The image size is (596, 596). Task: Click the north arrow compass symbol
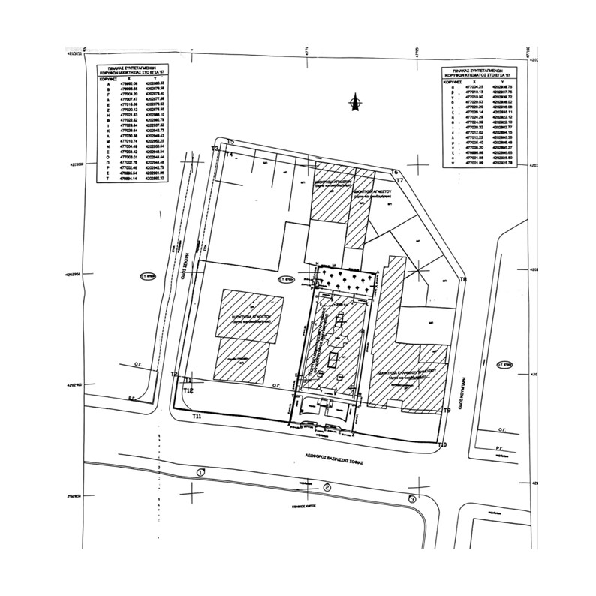tap(359, 104)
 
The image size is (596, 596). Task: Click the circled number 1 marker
tap(200, 472)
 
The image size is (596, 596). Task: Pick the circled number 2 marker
tap(327, 487)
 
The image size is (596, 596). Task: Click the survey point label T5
tap(231, 141)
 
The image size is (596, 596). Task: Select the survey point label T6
tap(394, 172)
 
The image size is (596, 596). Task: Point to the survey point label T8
tap(463, 279)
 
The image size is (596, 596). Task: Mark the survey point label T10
tap(442, 445)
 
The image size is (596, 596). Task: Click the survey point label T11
tap(197, 415)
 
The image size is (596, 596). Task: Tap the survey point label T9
tap(447, 410)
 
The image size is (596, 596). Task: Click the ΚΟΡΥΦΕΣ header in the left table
tap(98, 78)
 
